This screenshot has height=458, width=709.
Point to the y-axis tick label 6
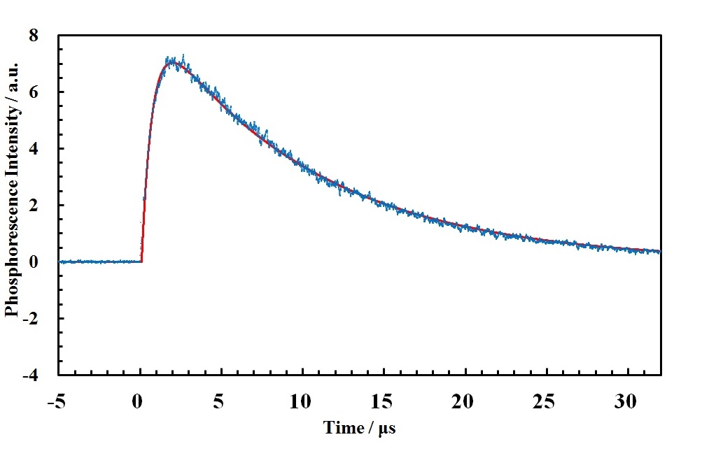coord(43,92)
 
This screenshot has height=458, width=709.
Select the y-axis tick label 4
coord(43,148)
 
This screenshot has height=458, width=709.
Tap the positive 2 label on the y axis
coord(43,205)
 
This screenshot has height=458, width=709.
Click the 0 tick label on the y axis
coord(43,262)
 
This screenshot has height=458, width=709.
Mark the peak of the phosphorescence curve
coord(171,62)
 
